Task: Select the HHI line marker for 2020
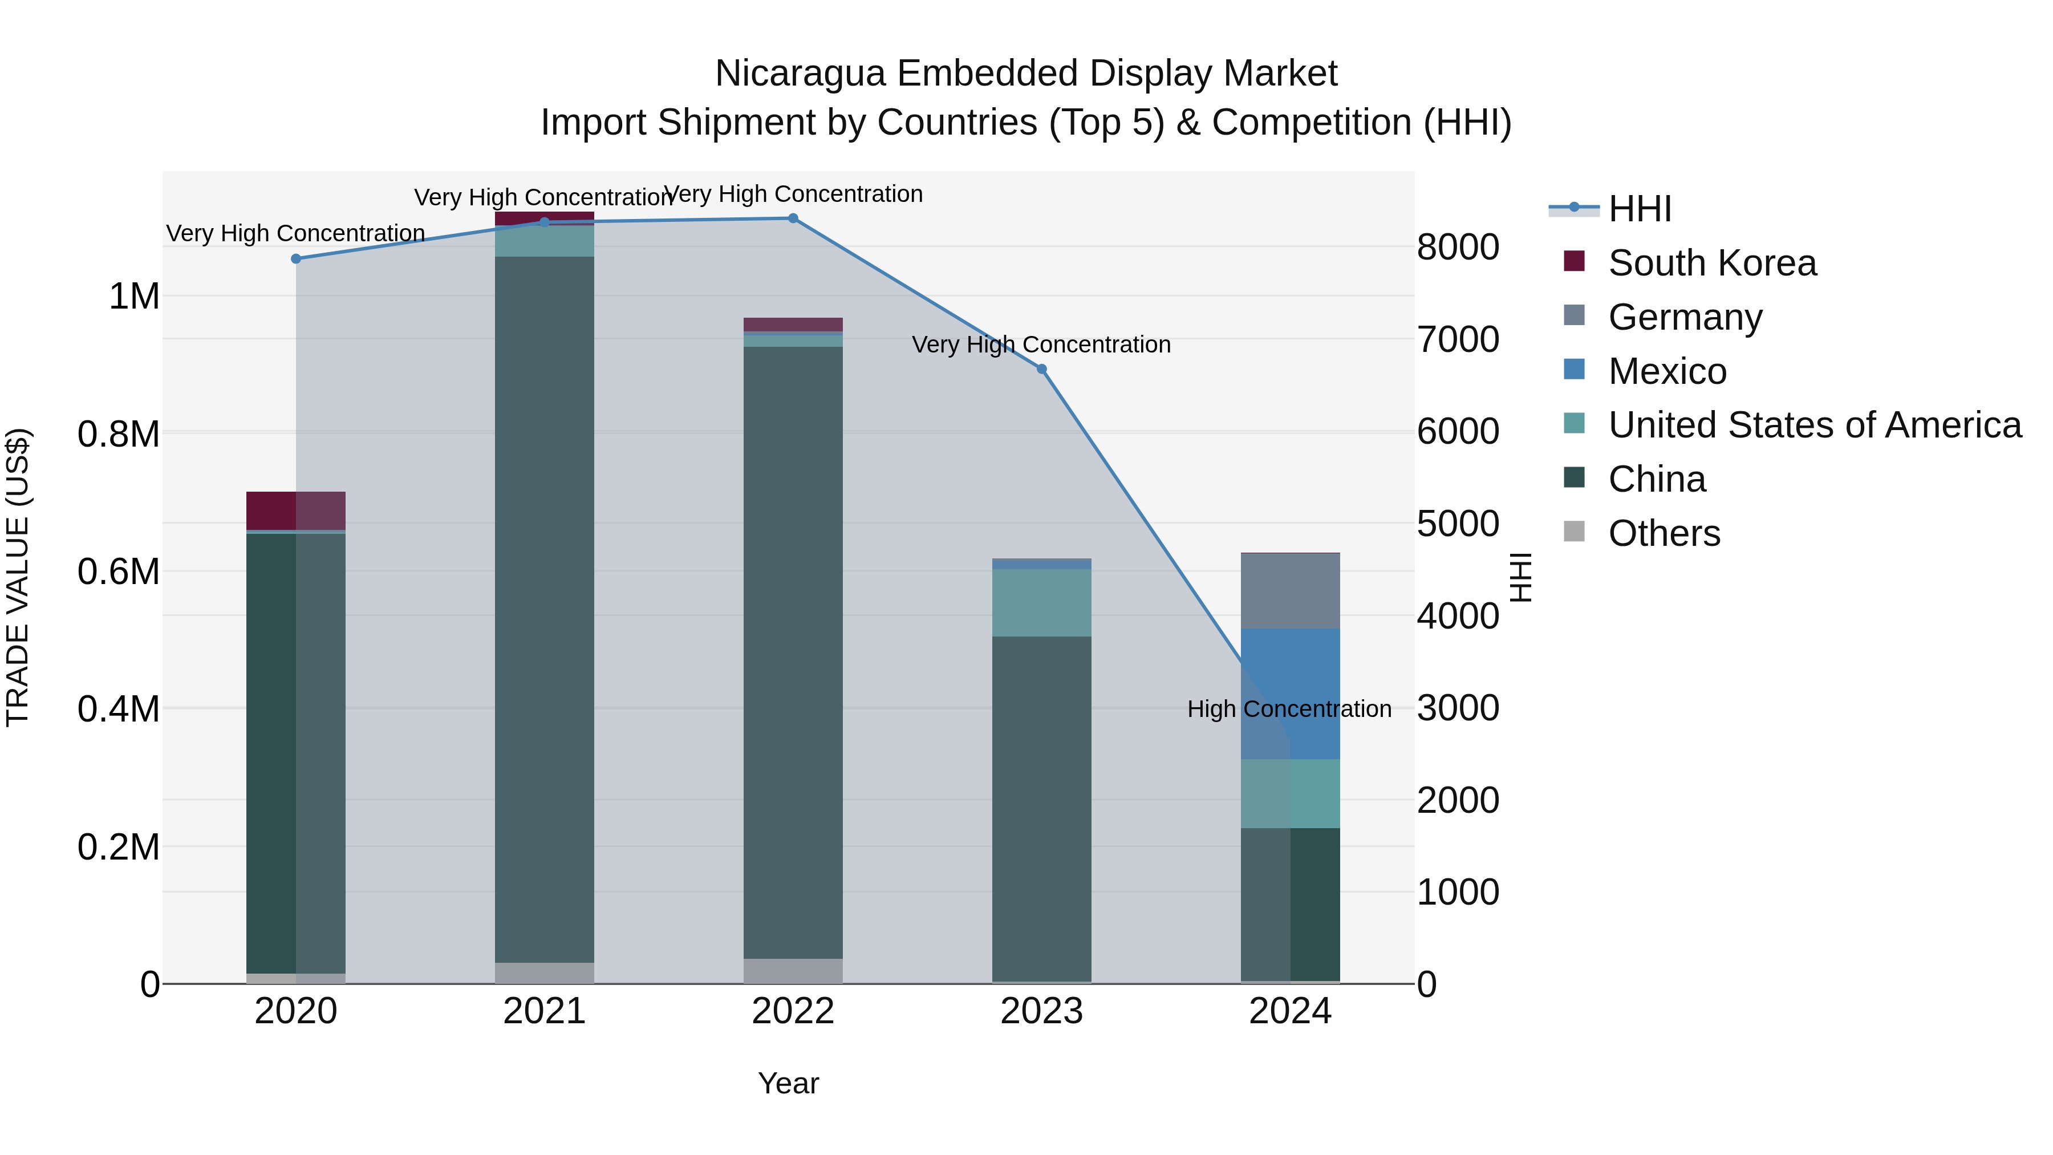coord(295,258)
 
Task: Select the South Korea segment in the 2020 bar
coord(295,510)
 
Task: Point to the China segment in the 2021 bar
coord(545,610)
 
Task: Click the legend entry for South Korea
coord(1712,263)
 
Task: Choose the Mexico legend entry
coord(1667,371)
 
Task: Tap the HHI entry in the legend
coord(1640,209)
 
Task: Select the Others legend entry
coord(1664,533)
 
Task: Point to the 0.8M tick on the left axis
coord(119,435)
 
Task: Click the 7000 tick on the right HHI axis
coord(1458,339)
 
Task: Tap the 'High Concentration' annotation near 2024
coord(1289,708)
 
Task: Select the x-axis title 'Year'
coord(788,1083)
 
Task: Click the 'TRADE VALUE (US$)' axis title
coord(18,577)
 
